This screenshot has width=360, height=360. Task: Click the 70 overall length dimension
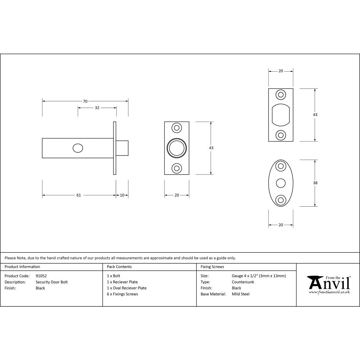click(x=85, y=102)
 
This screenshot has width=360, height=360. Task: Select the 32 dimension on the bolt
click(x=97, y=108)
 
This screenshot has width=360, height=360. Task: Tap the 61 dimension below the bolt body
click(x=78, y=195)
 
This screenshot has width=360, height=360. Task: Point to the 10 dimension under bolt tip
click(x=122, y=195)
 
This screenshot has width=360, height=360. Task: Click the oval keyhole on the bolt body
click(x=77, y=148)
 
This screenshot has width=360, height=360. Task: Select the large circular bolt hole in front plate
click(x=177, y=148)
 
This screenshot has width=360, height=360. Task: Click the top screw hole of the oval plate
click(x=281, y=166)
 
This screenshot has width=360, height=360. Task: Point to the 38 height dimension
click(x=315, y=183)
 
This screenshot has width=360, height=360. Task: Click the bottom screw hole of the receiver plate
click(x=281, y=135)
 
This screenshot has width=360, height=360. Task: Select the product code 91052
click(x=41, y=276)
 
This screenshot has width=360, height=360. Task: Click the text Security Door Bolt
click(x=51, y=282)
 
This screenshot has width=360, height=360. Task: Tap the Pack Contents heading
click(x=119, y=267)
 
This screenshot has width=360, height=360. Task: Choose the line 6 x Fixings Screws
click(x=122, y=294)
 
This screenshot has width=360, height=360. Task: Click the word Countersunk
click(x=243, y=282)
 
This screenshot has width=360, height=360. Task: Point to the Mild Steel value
click(x=240, y=294)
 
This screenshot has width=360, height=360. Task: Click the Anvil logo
click(x=329, y=284)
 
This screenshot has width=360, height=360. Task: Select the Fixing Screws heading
click(x=212, y=267)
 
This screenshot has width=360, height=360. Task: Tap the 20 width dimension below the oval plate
click(x=281, y=225)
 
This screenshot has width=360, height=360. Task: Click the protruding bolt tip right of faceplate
click(x=122, y=148)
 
